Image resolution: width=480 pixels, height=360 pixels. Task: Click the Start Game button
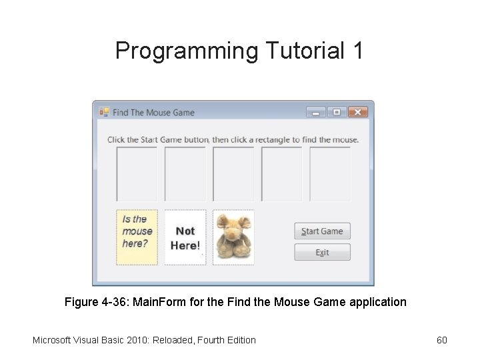(322, 231)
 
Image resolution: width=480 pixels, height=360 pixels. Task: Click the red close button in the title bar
(358, 112)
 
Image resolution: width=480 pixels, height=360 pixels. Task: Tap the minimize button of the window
(316, 112)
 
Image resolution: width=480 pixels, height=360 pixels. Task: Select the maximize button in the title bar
(337, 112)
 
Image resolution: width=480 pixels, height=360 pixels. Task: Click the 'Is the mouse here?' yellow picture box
(137, 237)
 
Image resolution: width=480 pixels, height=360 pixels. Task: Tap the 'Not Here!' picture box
(185, 237)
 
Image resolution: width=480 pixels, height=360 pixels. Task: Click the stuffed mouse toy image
(233, 237)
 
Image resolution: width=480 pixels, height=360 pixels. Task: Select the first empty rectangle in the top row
(137, 173)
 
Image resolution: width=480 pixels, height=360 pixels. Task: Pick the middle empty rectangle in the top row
(233, 173)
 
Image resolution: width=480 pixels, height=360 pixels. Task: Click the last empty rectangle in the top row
(330, 173)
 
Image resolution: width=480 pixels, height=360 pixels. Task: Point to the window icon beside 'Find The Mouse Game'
(104, 112)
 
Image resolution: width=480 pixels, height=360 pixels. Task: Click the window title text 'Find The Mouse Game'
(153, 113)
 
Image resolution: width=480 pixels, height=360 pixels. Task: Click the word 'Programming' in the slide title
(187, 51)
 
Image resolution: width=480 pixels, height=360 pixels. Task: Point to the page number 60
(441, 340)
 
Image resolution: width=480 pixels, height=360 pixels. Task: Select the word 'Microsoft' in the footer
(54, 340)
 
